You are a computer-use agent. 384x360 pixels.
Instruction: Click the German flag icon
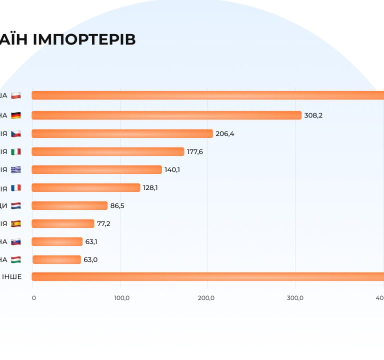click(x=16, y=115)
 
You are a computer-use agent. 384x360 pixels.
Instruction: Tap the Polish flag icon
click(x=16, y=95)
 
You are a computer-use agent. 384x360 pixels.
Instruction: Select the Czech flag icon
click(x=16, y=133)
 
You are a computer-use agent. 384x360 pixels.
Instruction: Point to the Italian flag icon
click(x=16, y=151)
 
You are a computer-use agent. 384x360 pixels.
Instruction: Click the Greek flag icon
click(x=16, y=169)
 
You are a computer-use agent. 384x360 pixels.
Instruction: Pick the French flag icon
click(x=16, y=187)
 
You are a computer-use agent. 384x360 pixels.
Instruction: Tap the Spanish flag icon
click(x=16, y=223)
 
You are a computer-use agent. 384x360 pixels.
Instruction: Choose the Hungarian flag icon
click(x=16, y=259)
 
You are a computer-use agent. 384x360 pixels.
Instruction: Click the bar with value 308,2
click(x=166, y=115)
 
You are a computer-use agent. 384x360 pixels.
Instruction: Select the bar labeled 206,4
click(x=122, y=133)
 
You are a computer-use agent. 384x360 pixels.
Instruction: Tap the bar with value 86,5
click(x=69, y=205)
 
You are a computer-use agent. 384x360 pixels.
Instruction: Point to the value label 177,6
click(x=194, y=151)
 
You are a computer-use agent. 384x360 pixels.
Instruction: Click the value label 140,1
click(x=172, y=169)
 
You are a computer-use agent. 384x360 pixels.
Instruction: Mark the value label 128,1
click(x=150, y=187)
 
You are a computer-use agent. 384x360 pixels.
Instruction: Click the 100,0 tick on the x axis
click(x=122, y=298)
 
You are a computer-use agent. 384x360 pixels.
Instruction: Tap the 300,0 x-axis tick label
click(x=295, y=298)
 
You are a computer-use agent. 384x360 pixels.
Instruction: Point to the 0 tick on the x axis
click(x=33, y=298)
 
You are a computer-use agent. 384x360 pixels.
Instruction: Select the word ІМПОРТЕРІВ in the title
click(x=84, y=40)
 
